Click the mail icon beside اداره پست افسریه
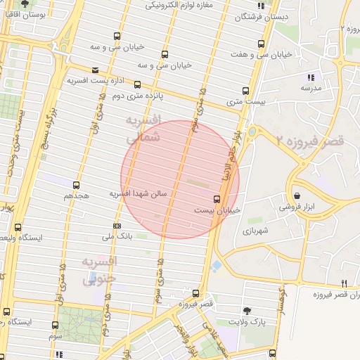point(95,70)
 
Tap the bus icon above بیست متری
point(245,91)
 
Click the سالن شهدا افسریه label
point(138,193)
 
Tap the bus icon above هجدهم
point(76,185)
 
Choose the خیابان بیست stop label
point(217,210)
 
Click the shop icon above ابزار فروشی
point(297,195)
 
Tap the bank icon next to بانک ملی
point(117,226)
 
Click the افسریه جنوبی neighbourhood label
point(101,270)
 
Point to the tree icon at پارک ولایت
point(246,310)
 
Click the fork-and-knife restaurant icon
point(343,283)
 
